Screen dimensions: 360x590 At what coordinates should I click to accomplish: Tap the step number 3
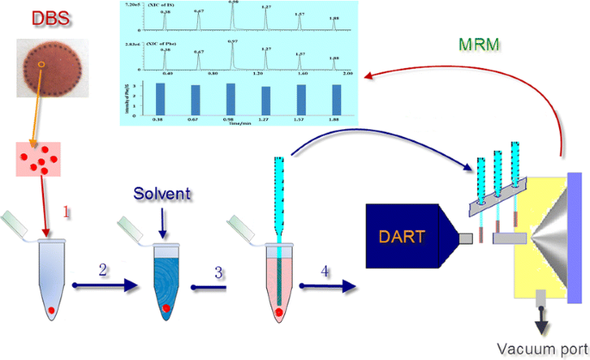(x=219, y=272)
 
